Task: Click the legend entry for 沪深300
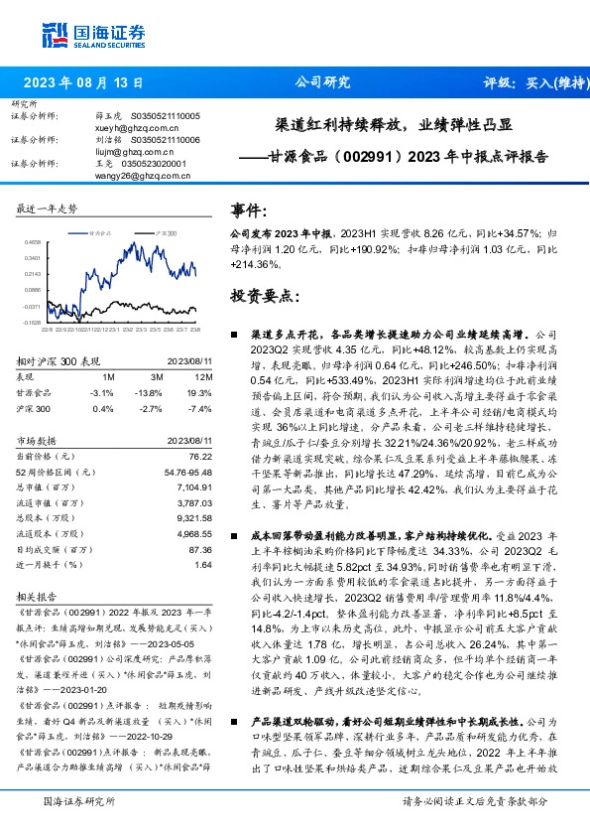(163, 230)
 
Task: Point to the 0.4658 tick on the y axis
(33, 241)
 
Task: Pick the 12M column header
(203, 377)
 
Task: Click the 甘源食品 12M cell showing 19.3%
(202, 392)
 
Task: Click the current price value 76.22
(201, 455)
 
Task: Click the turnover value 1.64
(203, 565)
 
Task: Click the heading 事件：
(251, 211)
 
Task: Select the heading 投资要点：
(264, 296)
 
